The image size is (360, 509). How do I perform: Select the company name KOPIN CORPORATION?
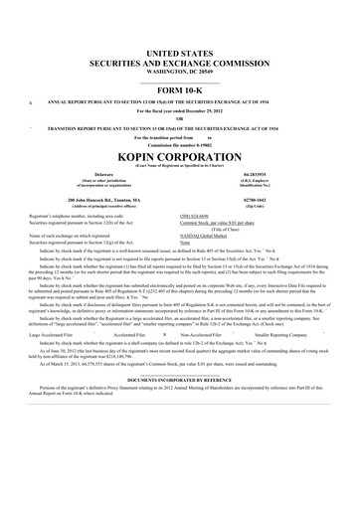point(180,158)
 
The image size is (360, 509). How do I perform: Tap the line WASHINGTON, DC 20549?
point(180,73)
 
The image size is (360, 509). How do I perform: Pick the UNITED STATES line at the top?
point(180,51)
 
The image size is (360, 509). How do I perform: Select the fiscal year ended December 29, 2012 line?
point(180,110)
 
